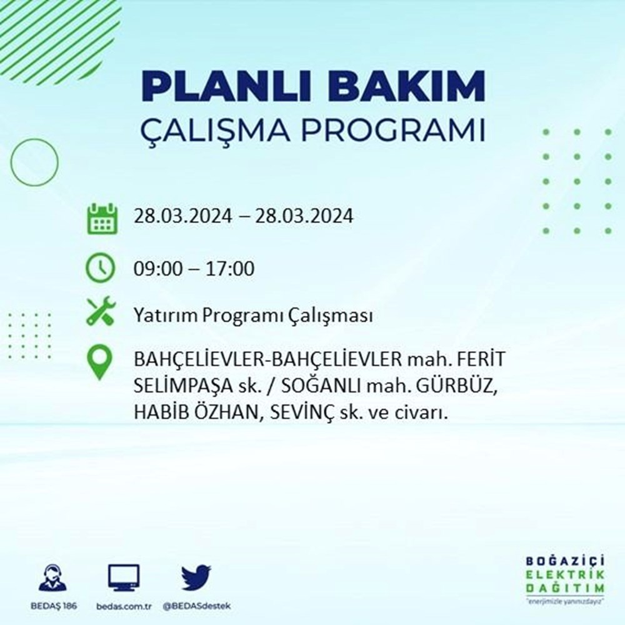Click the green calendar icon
tap(101, 218)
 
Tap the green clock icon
tap(101, 269)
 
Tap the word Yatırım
tap(161, 316)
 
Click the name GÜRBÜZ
tap(460, 387)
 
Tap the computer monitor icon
tap(124, 578)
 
